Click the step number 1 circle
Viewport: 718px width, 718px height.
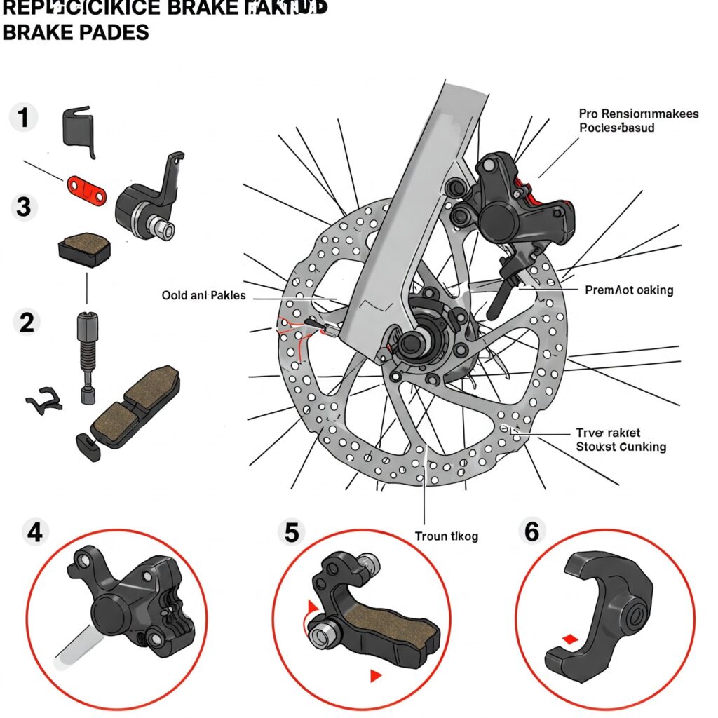24,118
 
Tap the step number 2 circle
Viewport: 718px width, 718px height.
27,323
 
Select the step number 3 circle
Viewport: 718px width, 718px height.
24,208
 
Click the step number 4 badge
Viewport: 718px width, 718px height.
34,533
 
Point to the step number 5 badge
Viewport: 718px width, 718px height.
291,533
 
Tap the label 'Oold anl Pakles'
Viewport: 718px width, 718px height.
203,295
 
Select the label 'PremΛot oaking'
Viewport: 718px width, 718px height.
628,290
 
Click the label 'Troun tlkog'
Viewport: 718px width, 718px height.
446,536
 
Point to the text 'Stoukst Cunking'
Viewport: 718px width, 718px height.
621,447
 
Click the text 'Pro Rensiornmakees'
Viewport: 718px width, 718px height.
639,114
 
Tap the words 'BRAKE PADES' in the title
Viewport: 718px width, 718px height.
76,32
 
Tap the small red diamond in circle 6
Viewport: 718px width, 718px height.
570,639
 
